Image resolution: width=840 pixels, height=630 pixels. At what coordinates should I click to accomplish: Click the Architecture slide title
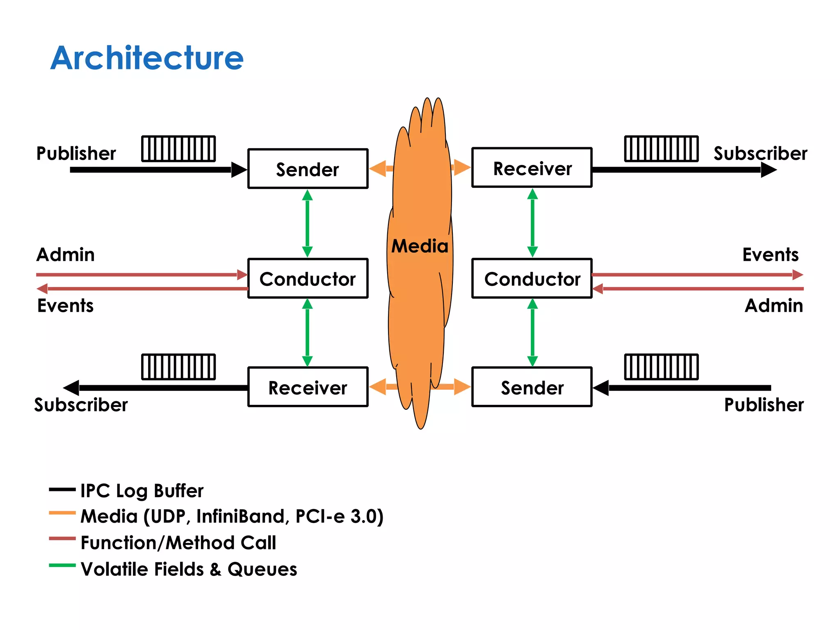tap(147, 58)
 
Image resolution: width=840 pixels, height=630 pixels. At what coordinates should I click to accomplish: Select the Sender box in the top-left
tap(308, 169)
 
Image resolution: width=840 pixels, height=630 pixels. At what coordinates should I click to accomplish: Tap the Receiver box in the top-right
tap(532, 168)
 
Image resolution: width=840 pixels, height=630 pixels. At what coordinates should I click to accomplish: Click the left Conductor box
tap(308, 278)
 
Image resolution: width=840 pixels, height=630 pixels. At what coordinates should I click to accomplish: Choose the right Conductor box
tap(532, 278)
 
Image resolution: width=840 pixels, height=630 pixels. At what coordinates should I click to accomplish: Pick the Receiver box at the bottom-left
tap(308, 387)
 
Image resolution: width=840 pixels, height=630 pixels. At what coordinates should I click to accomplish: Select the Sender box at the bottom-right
tap(532, 387)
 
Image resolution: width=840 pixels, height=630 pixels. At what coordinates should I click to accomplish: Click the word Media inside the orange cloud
tap(420, 246)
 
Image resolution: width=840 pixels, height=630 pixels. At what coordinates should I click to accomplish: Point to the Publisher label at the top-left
tap(76, 153)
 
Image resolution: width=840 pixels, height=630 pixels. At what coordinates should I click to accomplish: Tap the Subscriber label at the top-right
tap(760, 153)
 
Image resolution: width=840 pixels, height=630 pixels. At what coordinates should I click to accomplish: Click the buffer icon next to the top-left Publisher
tap(178, 148)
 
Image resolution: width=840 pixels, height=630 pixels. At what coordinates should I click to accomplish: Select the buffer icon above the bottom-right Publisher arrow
tap(661, 367)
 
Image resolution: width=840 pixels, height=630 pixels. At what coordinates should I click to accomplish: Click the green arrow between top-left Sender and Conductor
tap(307, 224)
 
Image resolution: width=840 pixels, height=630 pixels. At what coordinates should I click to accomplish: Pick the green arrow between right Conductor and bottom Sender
tap(532, 333)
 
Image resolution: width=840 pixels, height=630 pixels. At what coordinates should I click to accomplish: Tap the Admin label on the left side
tap(66, 255)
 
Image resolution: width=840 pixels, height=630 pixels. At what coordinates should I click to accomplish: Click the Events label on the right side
tap(770, 255)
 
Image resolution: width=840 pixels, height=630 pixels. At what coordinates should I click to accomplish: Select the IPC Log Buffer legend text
tap(142, 491)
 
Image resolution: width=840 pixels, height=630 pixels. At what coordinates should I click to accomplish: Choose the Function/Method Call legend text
tap(178, 543)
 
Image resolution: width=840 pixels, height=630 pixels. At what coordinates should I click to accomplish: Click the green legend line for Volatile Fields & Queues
tap(62, 565)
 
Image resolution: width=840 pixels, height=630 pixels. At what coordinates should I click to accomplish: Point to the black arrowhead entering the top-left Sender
tap(239, 169)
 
